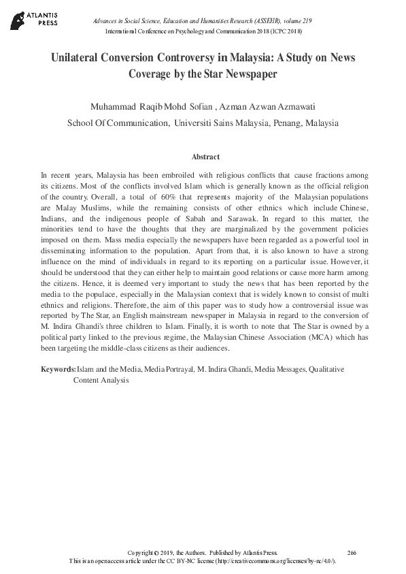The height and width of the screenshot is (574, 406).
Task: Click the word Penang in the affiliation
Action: (287, 123)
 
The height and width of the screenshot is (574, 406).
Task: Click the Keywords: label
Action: (58, 369)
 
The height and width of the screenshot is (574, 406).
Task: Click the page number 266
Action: (352, 552)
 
